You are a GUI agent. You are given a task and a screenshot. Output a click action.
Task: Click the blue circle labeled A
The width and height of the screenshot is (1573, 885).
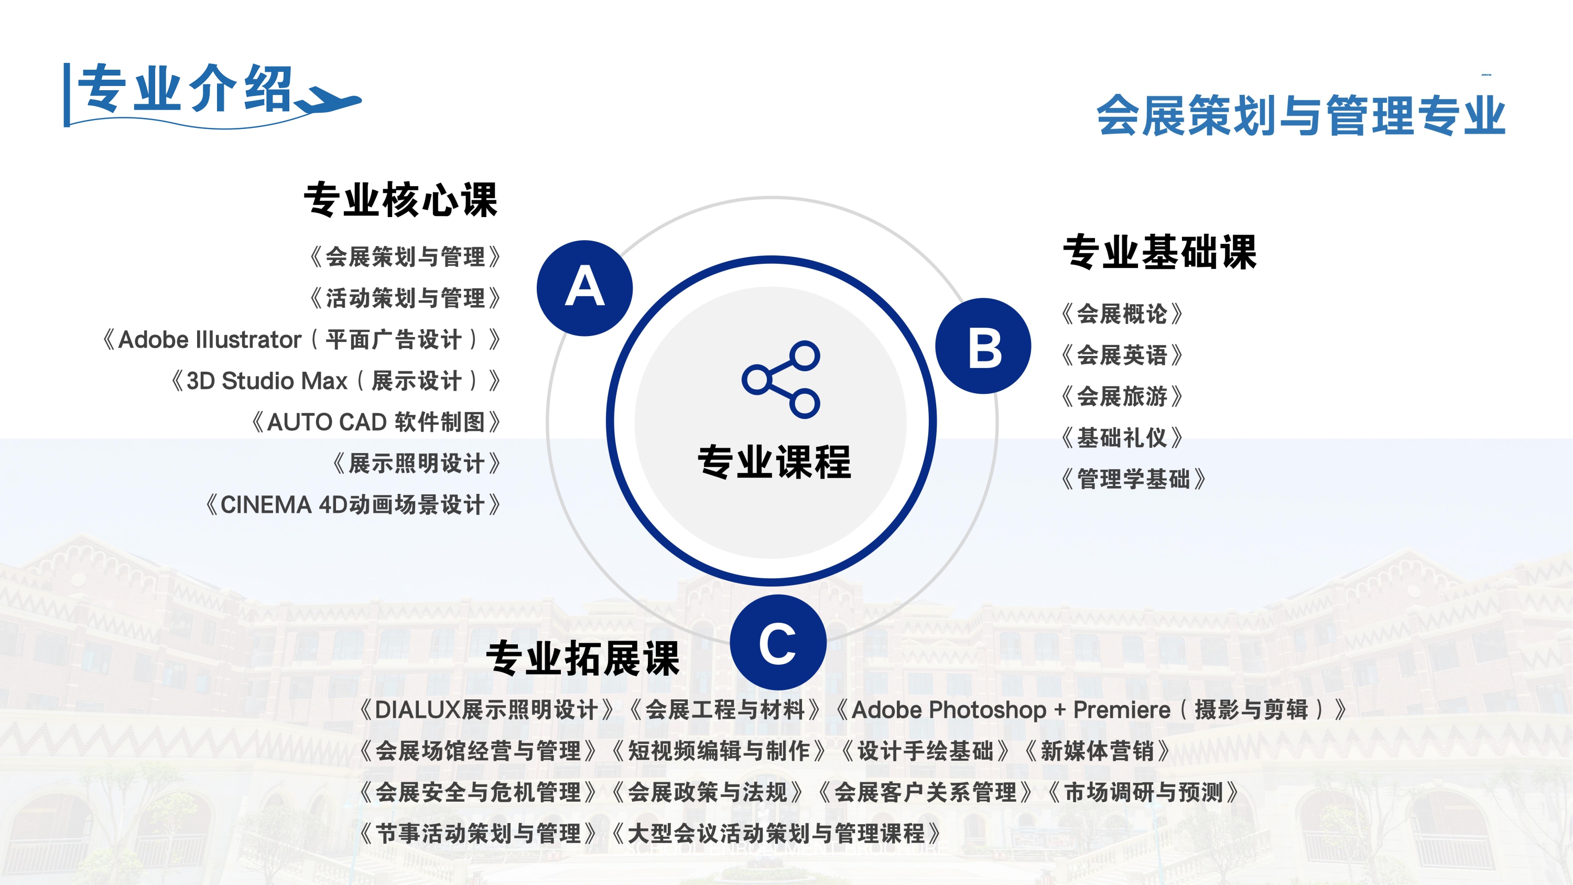point(584,288)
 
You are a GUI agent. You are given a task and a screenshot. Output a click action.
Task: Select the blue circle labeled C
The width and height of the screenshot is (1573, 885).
point(778,643)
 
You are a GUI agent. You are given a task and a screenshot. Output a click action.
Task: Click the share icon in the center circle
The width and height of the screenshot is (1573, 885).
point(781,379)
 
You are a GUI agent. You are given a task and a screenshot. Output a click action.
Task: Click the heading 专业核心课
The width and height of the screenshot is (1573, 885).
point(401,200)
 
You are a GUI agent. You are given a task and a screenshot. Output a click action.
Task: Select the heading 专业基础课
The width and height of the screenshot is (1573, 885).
point(1159,252)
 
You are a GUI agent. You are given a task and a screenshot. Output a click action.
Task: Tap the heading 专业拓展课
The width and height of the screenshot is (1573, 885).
point(582,659)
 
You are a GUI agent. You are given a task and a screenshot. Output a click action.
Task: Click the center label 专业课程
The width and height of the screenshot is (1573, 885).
point(774,462)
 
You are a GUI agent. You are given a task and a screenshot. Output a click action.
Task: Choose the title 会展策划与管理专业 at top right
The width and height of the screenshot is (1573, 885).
point(1300,115)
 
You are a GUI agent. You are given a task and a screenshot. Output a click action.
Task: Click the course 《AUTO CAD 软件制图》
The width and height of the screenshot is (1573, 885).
point(375,422)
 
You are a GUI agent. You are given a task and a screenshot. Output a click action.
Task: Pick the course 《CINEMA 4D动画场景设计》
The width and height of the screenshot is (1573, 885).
point(352,505)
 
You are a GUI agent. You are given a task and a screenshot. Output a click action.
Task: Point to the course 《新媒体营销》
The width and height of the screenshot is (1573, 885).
point(1097,751)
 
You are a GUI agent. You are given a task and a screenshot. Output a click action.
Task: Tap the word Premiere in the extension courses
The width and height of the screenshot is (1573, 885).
point(1122,710)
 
